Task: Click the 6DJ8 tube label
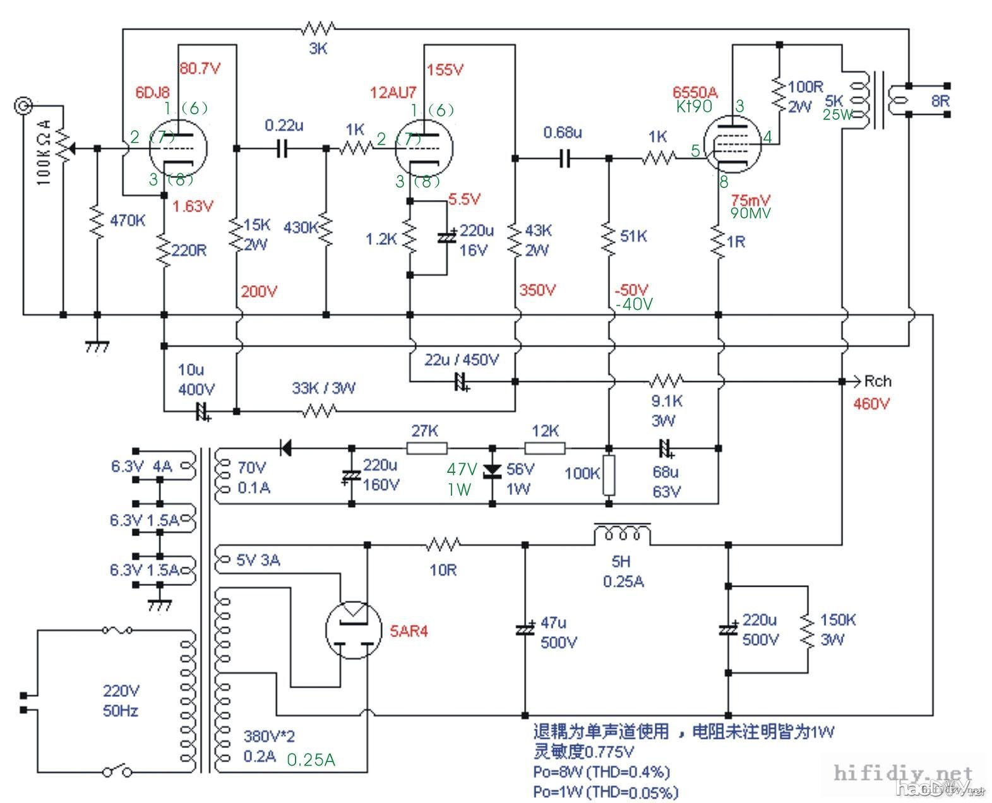[152, 92]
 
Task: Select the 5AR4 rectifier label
[409, 631]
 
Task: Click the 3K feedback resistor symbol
[318, 28]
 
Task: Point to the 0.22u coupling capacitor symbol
[283, 149]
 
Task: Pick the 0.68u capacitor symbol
[565, 158]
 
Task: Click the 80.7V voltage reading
[200, 68]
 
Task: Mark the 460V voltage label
[871, 403]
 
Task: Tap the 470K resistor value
[128, 220]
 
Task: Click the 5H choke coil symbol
[622, 533]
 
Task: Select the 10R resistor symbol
[444, 544]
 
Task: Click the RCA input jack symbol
[23, 105]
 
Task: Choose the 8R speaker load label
[940, 101]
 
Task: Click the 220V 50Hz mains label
[121, 701]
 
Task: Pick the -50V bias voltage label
[631, 290]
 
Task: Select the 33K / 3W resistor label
[323, 388]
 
